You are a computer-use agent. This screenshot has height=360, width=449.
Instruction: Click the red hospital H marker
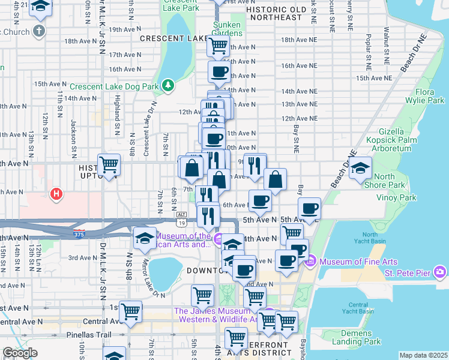[56, 194]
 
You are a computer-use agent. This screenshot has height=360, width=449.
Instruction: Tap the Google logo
[20, 353]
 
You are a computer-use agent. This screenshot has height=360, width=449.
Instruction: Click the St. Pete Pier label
[406, 274]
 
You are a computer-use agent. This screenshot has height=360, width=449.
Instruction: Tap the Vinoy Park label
[396, 197]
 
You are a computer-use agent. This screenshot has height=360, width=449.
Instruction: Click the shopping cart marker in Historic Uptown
[109, 164]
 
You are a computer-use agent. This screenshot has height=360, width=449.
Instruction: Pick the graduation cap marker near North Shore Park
[361, 167]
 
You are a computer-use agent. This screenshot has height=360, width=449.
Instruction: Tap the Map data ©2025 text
[423, 355]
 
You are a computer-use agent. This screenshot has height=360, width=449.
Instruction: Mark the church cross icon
[39, 31]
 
